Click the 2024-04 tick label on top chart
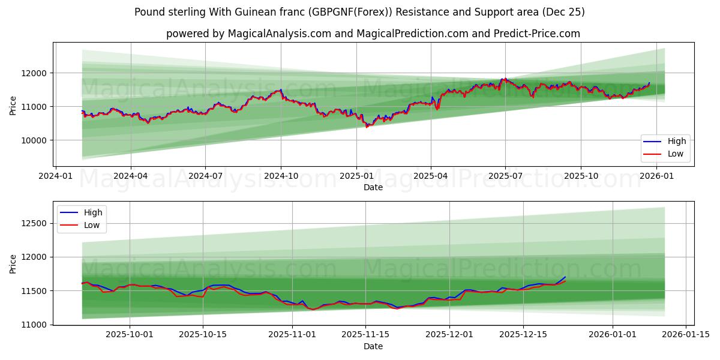pos(130,176)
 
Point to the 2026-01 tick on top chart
pos(657,176)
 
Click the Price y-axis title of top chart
pos(13,105)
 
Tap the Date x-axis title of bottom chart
pos(373,346)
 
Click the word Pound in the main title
pos(148,12)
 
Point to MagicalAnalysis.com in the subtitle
pos(280,34)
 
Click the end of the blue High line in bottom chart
pos(565,277)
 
